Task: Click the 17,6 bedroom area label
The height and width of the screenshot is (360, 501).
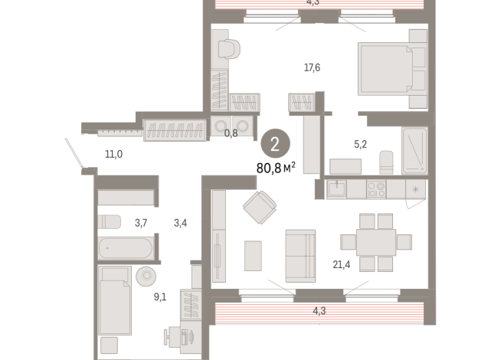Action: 312,68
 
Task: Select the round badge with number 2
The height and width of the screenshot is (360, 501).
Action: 275,142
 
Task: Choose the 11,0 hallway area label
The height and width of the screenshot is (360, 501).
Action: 113,154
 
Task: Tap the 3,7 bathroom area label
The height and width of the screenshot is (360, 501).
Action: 141,223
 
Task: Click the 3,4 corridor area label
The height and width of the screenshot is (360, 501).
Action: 181,223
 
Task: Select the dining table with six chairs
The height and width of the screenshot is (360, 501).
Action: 376,242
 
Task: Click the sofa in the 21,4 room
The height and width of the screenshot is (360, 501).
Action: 300,255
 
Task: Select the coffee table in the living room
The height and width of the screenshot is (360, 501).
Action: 253,255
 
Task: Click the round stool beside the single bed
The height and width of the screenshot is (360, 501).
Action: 146,276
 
